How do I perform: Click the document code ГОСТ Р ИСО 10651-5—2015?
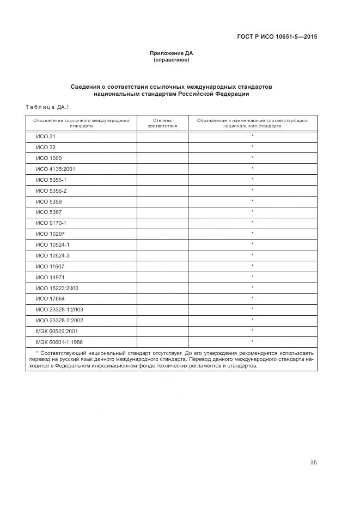(x=277, y=37)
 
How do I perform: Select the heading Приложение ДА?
(x=172, y=53)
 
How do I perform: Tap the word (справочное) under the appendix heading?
(x=172, y=60)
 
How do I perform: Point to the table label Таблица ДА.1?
(x=44, y=107)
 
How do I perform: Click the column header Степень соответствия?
(x=162, y=122)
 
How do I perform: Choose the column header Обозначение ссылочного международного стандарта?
(x=81, y=122)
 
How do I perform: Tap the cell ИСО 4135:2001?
(x=55, y=169)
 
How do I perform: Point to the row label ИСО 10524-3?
(x=53, y=255)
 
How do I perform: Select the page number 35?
(x=313, y=463)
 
